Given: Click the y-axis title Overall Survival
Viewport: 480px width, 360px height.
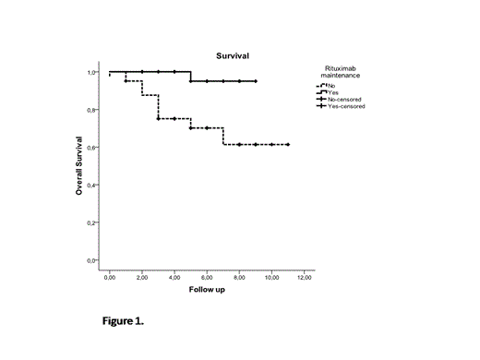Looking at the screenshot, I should (x=81, y=167).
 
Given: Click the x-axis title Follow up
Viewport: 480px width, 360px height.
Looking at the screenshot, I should (x=207, y=289).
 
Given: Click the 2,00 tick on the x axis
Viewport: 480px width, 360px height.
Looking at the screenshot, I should (x=141, y=275).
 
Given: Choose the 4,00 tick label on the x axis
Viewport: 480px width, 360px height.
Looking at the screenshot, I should (x=174, y=275).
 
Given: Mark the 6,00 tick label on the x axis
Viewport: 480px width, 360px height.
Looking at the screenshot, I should (x=206, y=275).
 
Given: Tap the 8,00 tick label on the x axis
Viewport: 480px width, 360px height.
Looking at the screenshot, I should (x=239, y=275).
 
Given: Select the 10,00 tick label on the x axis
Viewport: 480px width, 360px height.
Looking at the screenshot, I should (x=271, y=275).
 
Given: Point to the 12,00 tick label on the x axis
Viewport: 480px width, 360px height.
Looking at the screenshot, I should (x=304, y=275).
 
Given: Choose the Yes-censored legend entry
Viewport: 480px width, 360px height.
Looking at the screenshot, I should (x=343, y=106).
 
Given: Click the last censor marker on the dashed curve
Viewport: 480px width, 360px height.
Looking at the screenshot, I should (x=288, y=145).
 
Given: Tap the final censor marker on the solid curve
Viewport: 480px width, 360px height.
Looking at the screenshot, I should (x=255, y=81).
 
